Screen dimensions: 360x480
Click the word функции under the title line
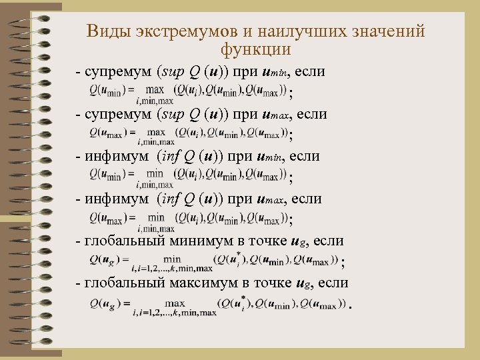(x=255, y=49)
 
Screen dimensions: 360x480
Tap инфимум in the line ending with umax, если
(x=114, y=198)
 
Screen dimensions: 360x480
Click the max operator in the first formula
(x=155, y=89)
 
